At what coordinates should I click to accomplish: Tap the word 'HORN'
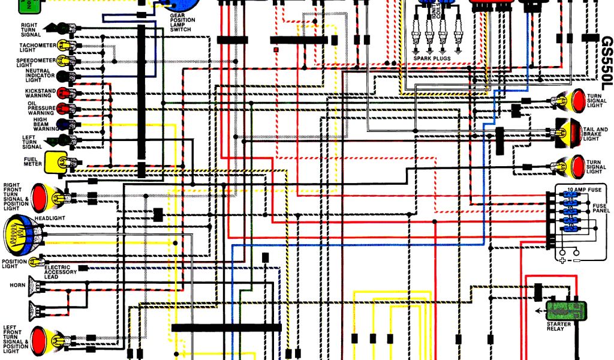(x=17, y=285)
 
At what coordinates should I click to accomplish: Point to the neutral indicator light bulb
(x=62, y=76)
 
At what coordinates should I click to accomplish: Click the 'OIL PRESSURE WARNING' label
(x=41, y=107)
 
